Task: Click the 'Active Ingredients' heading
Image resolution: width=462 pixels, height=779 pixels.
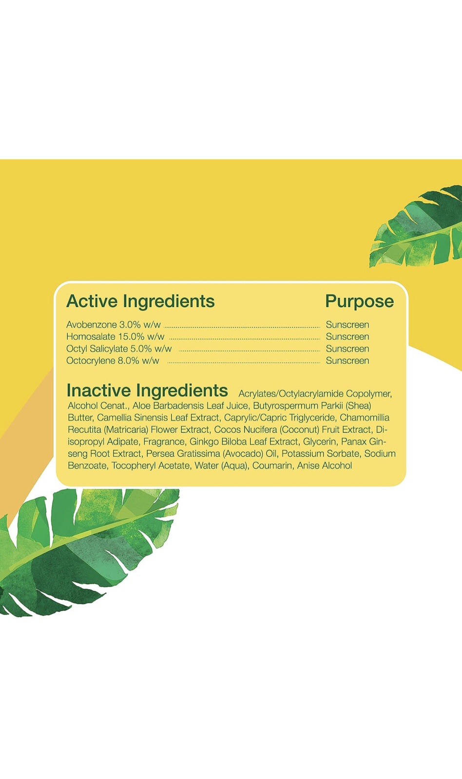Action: click(140, 301)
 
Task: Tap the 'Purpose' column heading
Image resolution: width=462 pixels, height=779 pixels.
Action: click(359, 301)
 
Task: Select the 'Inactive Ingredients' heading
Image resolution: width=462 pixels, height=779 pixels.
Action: click(147, 390)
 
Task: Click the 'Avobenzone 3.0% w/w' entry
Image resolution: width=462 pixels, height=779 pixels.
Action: click(114, 325)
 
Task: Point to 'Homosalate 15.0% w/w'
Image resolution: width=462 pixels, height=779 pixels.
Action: click(115, 337)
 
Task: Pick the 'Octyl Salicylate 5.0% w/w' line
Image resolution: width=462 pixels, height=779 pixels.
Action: click(119, 349)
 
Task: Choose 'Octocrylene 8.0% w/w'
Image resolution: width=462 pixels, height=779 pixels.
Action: click(113, 361)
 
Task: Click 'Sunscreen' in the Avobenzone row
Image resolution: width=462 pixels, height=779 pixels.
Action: click(347, 325)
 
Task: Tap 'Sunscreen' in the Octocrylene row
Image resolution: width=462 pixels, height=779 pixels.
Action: click(347, 361)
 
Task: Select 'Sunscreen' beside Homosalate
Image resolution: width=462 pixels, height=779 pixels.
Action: click(347, 337)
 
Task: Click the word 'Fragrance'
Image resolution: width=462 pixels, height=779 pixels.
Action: click(164, 442)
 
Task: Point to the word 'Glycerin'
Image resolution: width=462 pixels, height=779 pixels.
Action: click(319, 442)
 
